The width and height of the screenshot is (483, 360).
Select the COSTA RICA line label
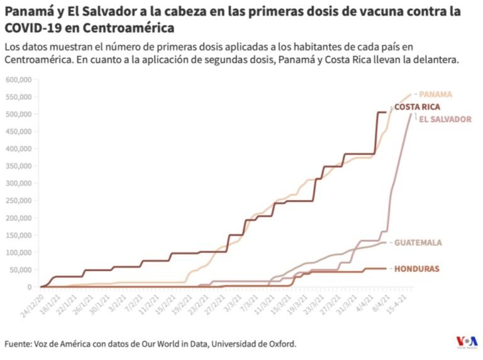[x=417, y=107]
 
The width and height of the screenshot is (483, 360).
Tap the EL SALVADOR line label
[x=445, y=119]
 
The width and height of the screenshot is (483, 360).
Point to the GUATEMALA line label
[x=418, y=242]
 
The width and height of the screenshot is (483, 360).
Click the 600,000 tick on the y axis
[x=19, y=80]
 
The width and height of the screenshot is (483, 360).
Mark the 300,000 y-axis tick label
[x=19, y=183]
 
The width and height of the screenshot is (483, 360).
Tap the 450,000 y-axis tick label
[x=19, y=132]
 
